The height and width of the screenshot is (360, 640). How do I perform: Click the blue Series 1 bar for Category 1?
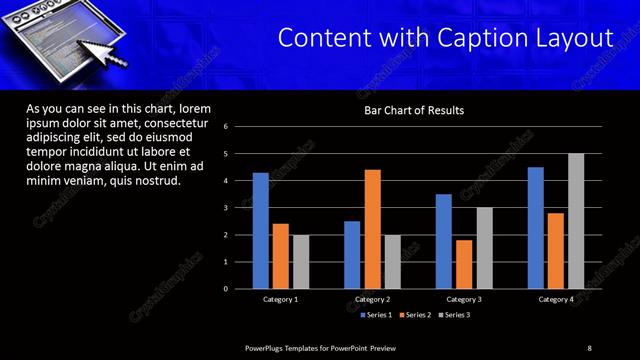pos(260,231)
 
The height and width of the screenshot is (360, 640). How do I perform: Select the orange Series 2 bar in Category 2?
pos(372,229)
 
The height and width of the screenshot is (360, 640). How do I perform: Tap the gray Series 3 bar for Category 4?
pos(576,221)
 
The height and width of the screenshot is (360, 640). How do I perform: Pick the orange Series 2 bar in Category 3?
pos(464,264)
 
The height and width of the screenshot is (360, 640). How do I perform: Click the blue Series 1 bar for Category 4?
pos(536,228)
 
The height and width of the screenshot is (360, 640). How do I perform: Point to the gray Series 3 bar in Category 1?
pos(301,262)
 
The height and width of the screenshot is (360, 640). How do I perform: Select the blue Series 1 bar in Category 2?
pos(352,255)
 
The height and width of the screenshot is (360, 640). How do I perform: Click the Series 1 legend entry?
pos(375,315)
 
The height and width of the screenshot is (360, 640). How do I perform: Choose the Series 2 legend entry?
pos(414,315)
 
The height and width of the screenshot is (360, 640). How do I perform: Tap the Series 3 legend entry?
pos(453,315)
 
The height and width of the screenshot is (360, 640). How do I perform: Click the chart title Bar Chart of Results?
pos(413,110)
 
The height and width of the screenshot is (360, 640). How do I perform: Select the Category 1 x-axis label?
pos(280,299)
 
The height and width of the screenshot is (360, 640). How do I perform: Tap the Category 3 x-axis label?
pos(464,299)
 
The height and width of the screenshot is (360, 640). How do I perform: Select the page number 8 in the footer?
pos(589,347)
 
